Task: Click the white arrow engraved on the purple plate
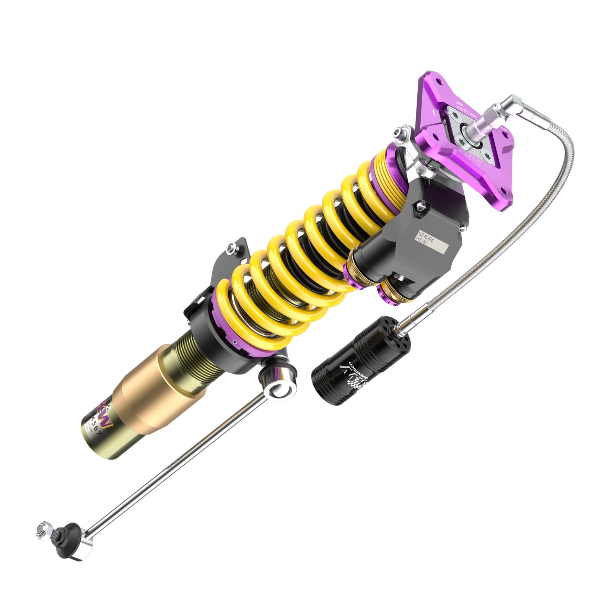coord(433,112)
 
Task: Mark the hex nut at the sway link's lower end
coord(41,530)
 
